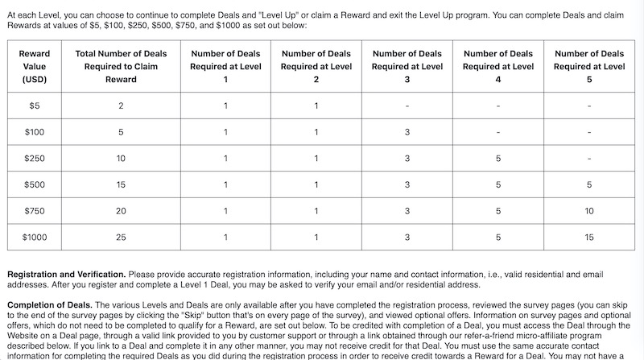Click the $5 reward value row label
35,106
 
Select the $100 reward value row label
35,132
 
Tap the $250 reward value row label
35,159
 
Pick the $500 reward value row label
35,184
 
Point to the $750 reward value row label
35,211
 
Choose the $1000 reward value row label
35,237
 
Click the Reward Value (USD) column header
35,67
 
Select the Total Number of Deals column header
121,67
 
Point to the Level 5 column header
590,67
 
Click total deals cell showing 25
121,237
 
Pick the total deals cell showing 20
121,211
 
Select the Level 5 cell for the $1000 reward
590,237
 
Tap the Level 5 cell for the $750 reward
590,211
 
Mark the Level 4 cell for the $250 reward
499,159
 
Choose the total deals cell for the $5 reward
121,106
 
